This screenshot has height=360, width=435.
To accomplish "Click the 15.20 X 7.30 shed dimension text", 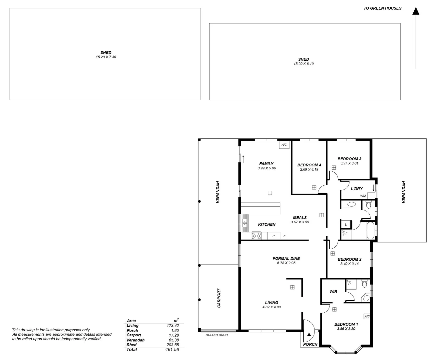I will click(106, 57).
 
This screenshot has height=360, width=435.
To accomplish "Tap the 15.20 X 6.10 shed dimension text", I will click(303, 64).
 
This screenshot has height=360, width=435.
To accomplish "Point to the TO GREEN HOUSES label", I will click(382, 8).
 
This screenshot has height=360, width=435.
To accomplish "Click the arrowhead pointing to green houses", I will click(416, 11).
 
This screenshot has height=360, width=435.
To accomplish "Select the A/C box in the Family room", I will click(284, 145).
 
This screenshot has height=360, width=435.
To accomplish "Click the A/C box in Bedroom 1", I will click(367, 316).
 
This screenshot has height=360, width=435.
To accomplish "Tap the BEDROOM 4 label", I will click(309, 165).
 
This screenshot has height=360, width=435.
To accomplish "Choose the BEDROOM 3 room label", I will click(349, 159).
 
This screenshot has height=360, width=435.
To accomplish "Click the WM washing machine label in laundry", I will click(363, 196).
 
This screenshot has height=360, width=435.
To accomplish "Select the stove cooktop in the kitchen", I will click(256, 236).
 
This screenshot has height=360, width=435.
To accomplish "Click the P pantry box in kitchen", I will click(273, 236).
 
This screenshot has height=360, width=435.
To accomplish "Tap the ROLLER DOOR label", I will click(217, 335).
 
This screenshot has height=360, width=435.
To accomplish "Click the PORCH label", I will click(310, 344).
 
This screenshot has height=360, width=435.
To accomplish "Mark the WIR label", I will click(333, 292).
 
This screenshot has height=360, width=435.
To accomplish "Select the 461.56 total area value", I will click(172, 350).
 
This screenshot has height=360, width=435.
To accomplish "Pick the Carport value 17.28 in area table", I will click(173, 335).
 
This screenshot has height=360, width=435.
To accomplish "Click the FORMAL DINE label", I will click(286, 258).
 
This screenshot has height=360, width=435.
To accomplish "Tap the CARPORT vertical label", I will click(219, 298).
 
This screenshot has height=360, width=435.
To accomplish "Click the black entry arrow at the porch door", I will click(309, 334).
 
